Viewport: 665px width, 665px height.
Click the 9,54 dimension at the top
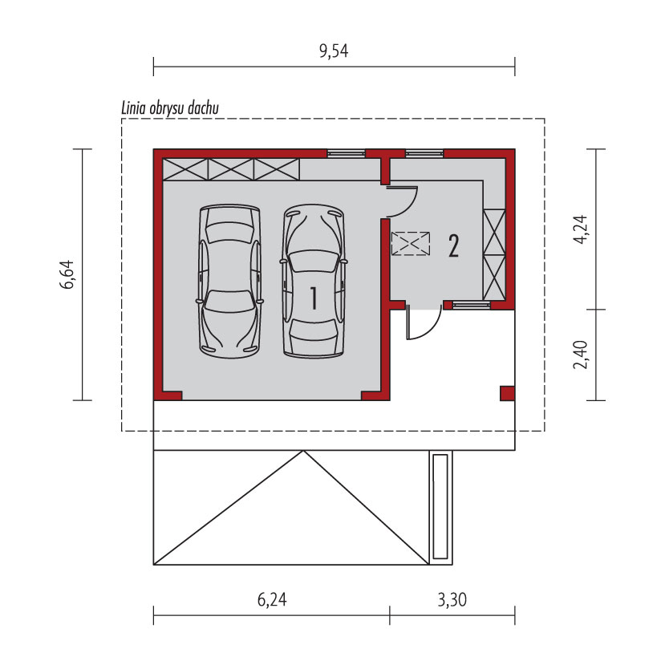pyautogui.click(x=334, y=51)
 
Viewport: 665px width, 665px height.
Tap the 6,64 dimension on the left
pyautogui.click(x=67, y=274)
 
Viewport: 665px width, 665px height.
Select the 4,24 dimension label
pyautogui.click(x=580, y=229)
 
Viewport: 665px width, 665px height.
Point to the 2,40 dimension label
pyautogui.click(x=580, y=355)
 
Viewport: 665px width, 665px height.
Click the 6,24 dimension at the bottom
pyautogui.click(x=272, y=600)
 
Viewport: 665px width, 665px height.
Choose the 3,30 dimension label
pyautogui.click(x=452, y=600)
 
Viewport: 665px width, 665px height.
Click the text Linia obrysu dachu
pyautogui.click(x=170, y=108)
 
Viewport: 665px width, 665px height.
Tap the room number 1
pyautogui.click(x=314, y=298)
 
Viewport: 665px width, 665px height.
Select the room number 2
pyautogui.click(x=453, y=246)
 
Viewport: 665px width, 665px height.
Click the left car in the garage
pyautogui.click(x=229, y=282)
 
